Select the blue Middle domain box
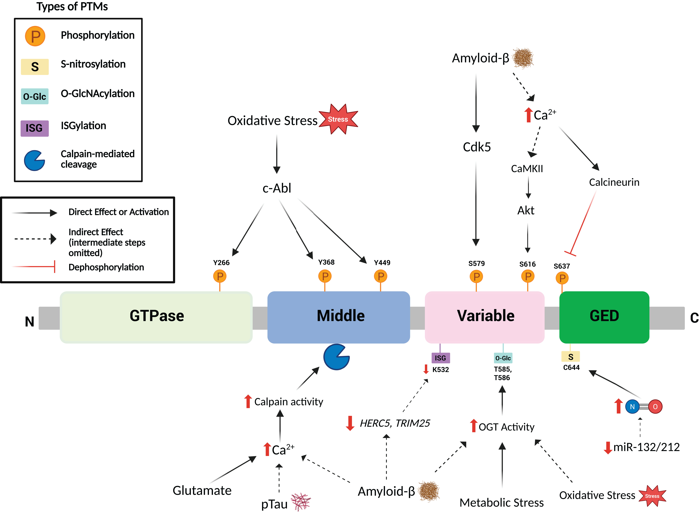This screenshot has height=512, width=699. (x=338, y=317)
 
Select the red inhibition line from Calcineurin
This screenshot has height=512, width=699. (x=583, y=223)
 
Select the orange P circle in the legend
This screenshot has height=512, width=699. (x=35, y=36)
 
